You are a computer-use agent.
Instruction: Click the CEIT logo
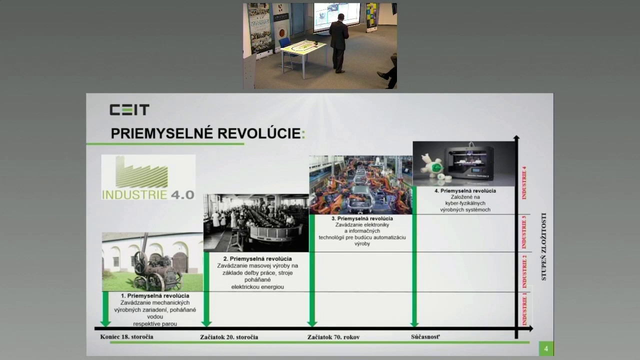click(x=129, y=110)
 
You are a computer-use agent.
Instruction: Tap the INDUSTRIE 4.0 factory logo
click(x=148, y=177)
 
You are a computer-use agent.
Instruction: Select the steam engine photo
click(x=152, y=262)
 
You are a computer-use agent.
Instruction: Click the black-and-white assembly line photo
click(x=256, y=223)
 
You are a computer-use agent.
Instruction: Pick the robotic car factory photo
click(x=360, y=184)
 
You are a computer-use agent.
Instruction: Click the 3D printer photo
click(x=463, y=163)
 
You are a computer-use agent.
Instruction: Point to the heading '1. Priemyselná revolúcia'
click(x=155, y=296)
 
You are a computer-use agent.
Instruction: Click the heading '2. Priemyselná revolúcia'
click(x=257, y=259)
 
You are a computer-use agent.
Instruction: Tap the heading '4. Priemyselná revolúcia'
click(x=465, y=191)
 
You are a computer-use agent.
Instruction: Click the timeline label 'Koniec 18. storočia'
click(x=127, y=336)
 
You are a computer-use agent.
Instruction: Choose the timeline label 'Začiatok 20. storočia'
click(x=229, y=337)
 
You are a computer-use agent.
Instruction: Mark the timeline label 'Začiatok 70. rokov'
click(x=333, y=337)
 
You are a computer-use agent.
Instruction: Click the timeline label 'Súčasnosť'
click(x=425, y=336)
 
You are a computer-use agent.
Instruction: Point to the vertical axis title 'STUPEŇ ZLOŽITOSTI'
click(x=544, y=246)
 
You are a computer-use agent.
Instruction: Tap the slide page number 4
click(x=546, y=348)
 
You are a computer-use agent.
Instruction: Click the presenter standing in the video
click(x=338, y=42)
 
